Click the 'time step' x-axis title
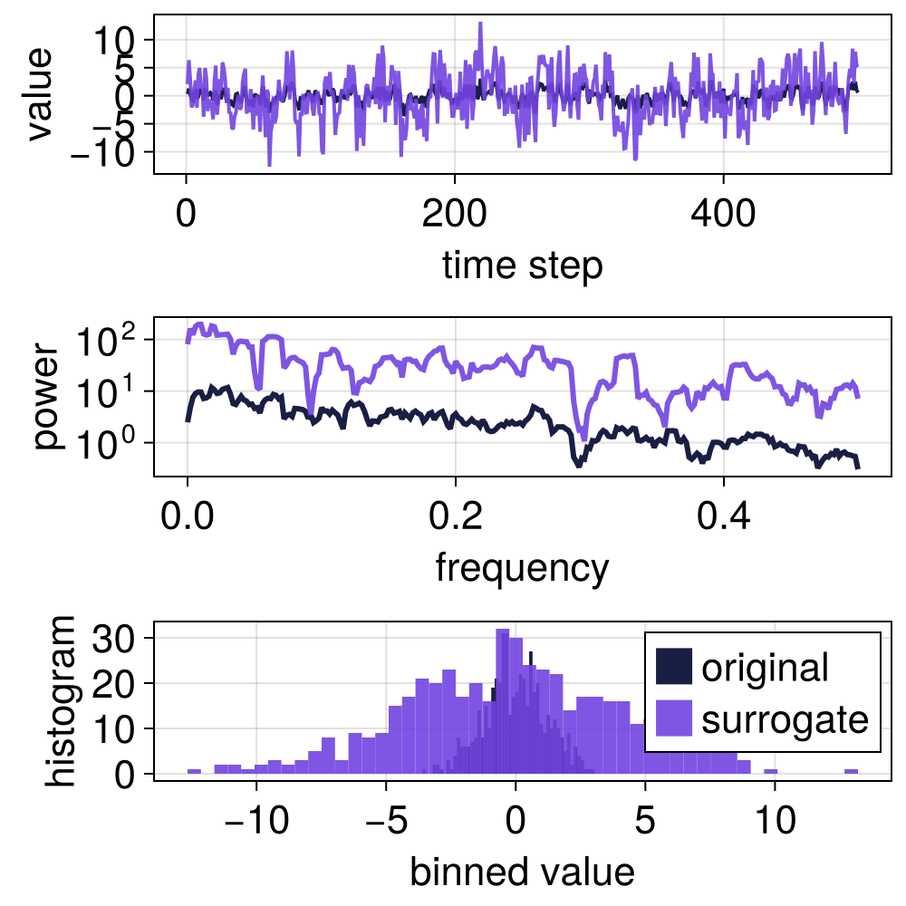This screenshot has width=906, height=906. point(522,265)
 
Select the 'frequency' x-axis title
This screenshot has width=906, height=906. point(522,568)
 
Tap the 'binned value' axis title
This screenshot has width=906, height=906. point(522,872)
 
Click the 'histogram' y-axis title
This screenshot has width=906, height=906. point(62,700)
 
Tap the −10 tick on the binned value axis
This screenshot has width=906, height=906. point(256,821)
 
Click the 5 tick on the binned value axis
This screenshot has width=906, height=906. point(644,821)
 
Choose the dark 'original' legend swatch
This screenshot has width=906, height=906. point(673,668)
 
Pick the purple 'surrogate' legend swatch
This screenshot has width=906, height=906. point(673,719)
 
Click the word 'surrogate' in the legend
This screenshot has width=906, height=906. point(785,719)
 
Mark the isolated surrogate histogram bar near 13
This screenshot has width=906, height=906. point(851,772)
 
